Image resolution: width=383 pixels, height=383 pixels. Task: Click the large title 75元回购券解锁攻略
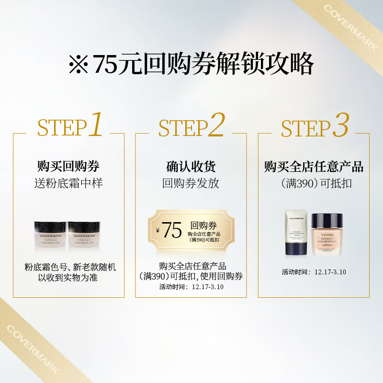191,64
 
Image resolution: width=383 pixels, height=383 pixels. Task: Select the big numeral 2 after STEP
216,125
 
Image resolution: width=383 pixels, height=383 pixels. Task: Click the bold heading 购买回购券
68,167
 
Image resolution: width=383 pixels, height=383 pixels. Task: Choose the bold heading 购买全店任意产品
314,167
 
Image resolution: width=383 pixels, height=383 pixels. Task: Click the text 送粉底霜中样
68,183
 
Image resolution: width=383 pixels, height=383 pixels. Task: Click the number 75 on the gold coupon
172,231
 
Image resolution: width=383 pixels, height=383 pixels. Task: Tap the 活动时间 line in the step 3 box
314,272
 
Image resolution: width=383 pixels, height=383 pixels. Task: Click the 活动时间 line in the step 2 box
191,287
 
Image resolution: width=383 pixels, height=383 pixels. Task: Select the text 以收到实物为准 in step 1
68,278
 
